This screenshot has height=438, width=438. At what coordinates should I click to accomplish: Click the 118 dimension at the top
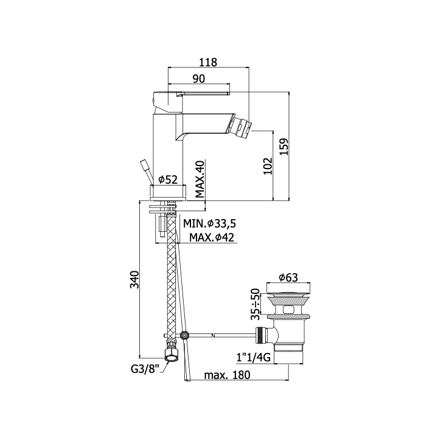coord(208,62)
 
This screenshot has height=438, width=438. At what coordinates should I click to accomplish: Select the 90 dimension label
coord(199,78)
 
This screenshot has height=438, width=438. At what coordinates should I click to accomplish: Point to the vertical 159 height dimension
coord(284,147)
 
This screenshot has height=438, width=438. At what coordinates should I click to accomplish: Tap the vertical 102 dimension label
coord(268,166)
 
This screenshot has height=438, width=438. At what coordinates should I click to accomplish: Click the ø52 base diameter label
coord(168,179)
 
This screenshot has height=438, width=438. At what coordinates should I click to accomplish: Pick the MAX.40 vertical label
coord(200,179)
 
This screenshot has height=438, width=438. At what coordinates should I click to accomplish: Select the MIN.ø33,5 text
coord(209,223)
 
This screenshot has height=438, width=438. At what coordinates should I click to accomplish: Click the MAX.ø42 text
coord(212,237)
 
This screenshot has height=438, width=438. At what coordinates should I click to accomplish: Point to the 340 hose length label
coord(135,279)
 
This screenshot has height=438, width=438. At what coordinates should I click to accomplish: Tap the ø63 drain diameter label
coord(288,277)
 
